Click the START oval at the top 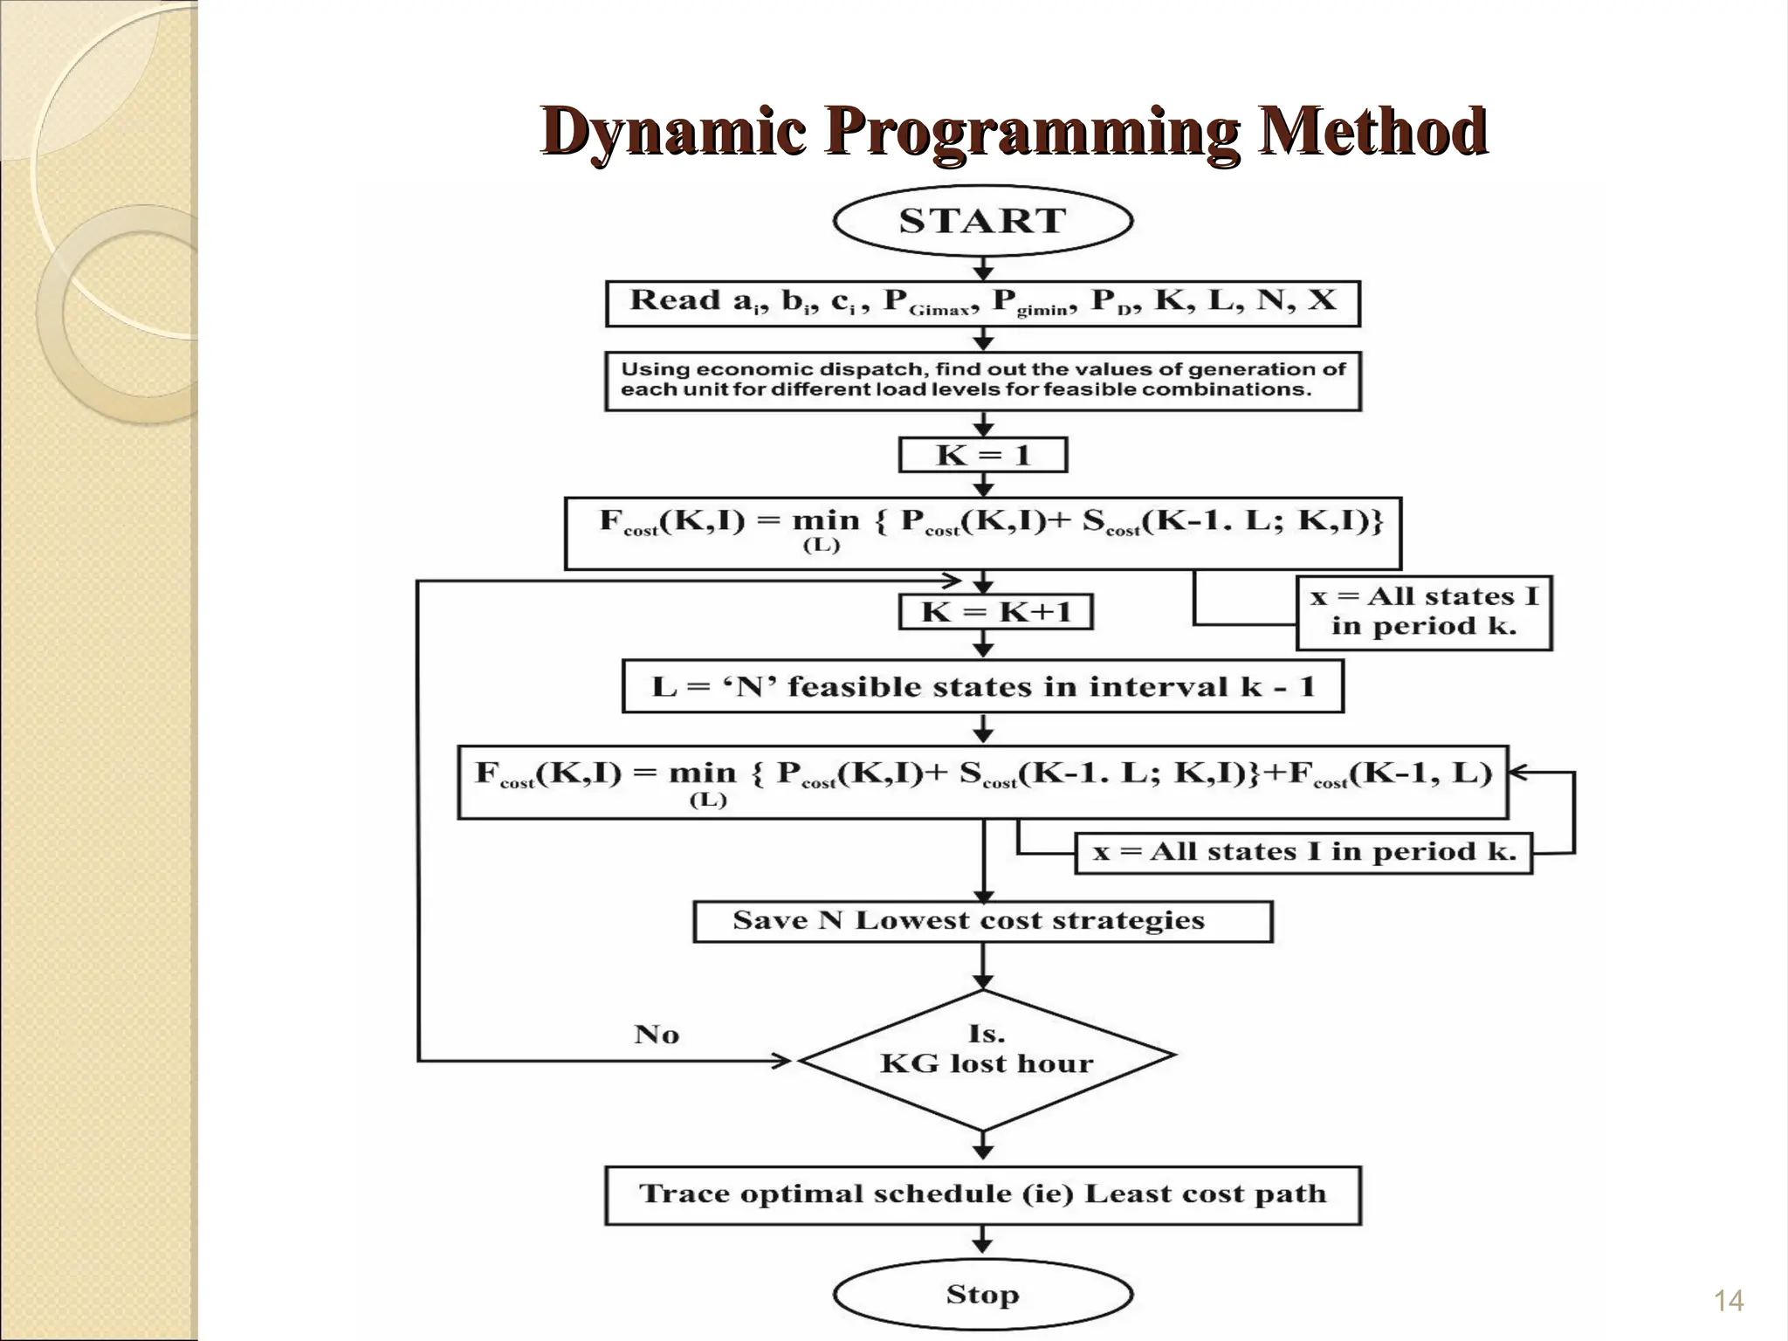pos(983,220)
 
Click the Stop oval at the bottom pos(983,1294)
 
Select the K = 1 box pos(983,455)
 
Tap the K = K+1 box pos(995,612)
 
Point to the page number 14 pos(1729,1301)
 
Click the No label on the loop pos(657,1035)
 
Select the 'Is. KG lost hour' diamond pos(987,1060)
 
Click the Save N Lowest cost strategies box pos(983,921)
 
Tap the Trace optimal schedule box pos(983,1194)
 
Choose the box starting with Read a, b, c pos(983,302)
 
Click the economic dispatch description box pos(983,380)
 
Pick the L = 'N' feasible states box pos(983,687)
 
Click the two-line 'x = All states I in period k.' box pos(1424,612)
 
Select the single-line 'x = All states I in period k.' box pos(1303,852)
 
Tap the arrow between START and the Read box pos(984,268)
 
